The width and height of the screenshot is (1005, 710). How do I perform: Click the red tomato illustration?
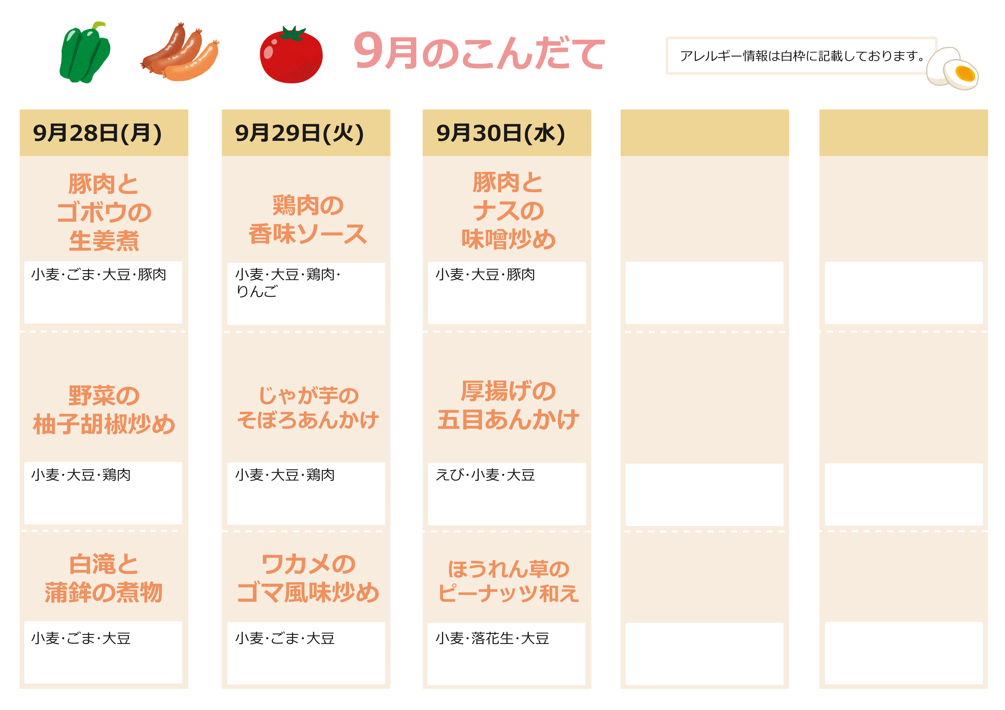[291, 55]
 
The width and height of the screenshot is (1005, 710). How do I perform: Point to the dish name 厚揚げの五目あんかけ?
[508, 405]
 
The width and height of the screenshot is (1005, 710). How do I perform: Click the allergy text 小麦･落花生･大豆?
[492, 638]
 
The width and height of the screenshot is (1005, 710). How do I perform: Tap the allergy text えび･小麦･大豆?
[485, 475]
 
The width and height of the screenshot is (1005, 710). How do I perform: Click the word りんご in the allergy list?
[257, 291]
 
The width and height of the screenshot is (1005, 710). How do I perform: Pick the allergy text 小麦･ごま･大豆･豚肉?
[98, 274]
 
